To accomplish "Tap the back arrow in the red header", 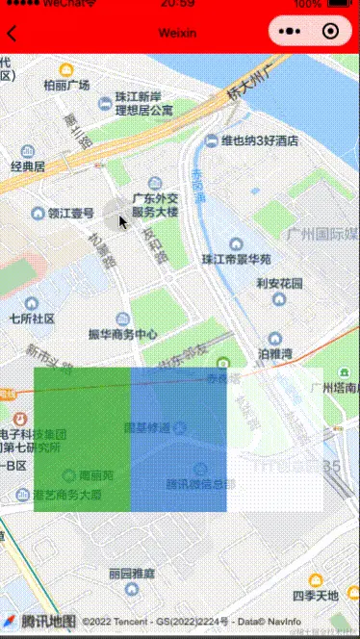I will pyautogui.click(x=12, y=33).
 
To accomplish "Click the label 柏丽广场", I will pyautogui.click(x=66, y=85).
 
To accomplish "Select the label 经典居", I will pyautogui.click(x=28, y=166).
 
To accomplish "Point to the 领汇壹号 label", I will pyautogui.click(x=71, y=214).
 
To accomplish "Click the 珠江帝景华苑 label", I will pyautogui.click(x=236, y=259).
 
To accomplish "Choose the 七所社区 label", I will pyautogui.click(x=32, y=318).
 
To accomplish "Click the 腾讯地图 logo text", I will pyautogui.click(x=48, y=622).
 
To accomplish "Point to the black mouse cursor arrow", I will pyautogui.click(x=123, y=222).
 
